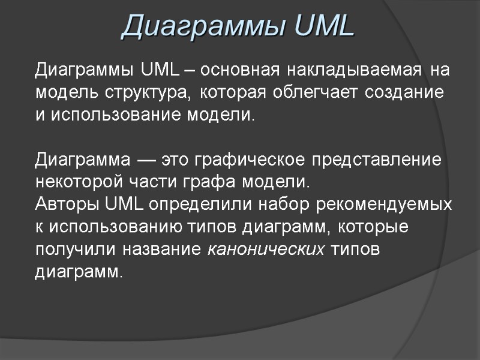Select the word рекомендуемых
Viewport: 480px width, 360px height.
click(384, 204)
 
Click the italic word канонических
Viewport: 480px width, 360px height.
click(265, 249)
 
